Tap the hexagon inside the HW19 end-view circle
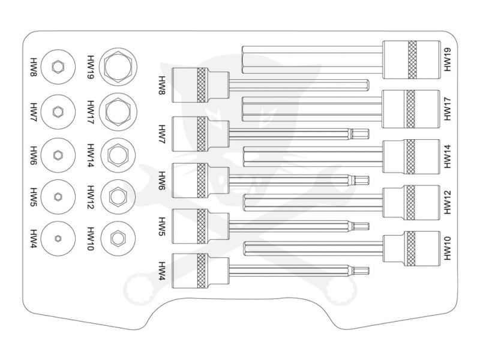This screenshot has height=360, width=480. tap(117, 65)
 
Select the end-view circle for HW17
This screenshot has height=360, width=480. tap(117, 110)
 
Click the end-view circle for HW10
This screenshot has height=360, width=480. tap(117, 238)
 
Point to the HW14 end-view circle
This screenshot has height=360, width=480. tap(117, 154)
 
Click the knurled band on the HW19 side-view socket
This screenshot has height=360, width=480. tap(412, 60)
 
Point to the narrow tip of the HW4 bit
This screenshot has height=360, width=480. tap(361, 271)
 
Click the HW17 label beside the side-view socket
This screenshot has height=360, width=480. tap(449, 107)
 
